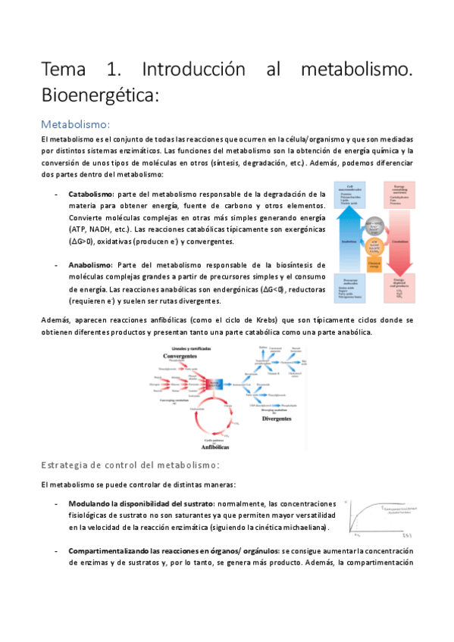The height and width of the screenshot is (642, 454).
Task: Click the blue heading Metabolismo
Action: pos(75,123)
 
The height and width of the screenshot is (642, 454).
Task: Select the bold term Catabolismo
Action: pos(91,193)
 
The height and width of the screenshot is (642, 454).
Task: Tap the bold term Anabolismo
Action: pos(89,264)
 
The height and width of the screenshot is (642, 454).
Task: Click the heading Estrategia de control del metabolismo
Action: pos(130,464)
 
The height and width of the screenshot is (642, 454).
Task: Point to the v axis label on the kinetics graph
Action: pos(346,502)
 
